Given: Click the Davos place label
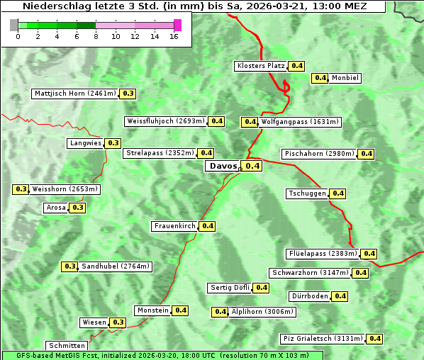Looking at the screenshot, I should click(x=223, y=166).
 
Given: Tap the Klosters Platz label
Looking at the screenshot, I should click(x=261, y=66).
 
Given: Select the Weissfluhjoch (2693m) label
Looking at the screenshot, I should click(x=166, y=121).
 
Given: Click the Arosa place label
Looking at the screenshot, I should click(x=56, y=208).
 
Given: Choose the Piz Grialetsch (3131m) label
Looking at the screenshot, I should click(x=323, y=339).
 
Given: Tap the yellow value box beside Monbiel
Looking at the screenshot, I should click(x=320, y=78).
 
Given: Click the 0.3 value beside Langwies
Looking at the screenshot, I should click(x=113, y=143).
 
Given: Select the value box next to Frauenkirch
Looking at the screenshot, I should click(x=207, y=226).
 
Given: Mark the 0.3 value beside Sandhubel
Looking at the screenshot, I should click(x=69, y=266).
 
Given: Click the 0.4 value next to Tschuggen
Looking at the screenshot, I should click(x=338, y=193).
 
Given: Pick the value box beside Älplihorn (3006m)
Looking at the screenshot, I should click(x=221, y=311).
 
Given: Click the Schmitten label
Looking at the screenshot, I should click(x=67, y=346).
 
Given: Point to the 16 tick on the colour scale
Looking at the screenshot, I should click(x=174, y=36).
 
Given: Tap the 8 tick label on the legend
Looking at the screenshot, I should click(x=96, y=36).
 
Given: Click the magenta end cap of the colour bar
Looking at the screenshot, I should click(x=177, y=25).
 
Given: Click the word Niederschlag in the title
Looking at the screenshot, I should click(x=55, y=6).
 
